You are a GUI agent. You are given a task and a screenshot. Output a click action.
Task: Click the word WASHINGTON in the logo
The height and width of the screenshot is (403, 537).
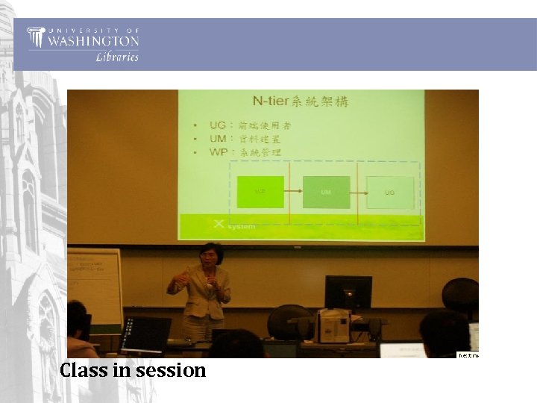tap(92, 41)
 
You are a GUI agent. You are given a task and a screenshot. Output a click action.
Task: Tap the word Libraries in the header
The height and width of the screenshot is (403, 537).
tap(117, 57)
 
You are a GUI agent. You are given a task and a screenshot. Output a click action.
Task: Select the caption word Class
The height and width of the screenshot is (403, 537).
tap(84, 370)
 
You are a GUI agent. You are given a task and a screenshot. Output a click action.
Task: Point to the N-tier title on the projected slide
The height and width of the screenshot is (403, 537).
tap(301, 101)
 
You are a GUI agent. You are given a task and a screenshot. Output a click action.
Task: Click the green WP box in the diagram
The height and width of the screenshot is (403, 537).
tap(260, 192)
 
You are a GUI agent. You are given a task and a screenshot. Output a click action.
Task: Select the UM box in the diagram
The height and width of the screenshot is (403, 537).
tap(326, 192)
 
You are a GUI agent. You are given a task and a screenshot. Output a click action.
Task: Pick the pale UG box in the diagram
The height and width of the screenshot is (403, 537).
tap(389, 192)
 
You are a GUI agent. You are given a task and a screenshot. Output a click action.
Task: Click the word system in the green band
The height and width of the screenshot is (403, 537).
tap(241, 226)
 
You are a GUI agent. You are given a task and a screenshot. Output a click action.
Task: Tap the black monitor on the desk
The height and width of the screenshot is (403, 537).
tap(348, 292)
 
